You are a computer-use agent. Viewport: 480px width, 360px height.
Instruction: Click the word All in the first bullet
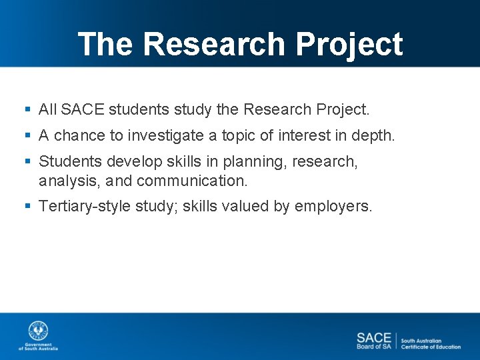pos(48,109)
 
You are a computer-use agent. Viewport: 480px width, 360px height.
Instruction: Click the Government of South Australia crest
pos(38,331)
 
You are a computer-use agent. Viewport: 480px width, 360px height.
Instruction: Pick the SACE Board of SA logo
pos(373,341)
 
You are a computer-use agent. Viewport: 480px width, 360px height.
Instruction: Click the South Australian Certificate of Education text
pos(431,343)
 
